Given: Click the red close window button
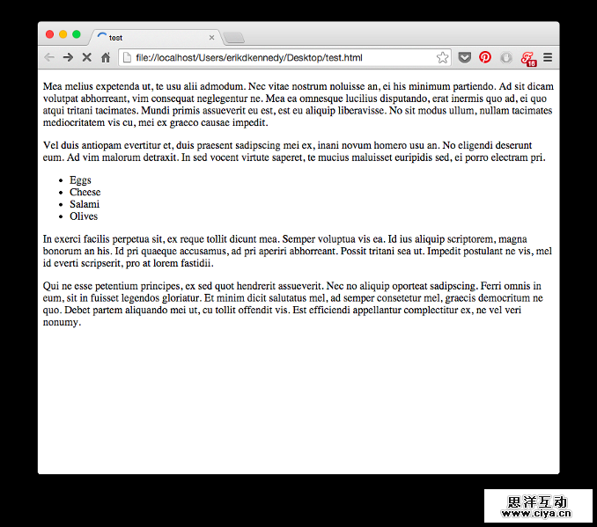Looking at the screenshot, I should [49, 34].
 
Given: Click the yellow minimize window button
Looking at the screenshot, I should [63, 34].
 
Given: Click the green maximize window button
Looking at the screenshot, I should [76, 34].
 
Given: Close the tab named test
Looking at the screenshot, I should [211, 38].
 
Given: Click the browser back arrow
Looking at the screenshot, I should [49, 58].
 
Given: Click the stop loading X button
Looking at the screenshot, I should [86, 58].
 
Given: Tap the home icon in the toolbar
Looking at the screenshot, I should [106, 58].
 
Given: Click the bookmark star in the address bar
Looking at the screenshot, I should [442, 58].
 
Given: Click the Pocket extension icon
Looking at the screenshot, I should [465, 58].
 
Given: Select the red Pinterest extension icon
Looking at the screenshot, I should [485, 58].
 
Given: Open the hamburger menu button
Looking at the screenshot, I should [548, 58].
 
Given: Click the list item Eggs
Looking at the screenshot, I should [80, 180].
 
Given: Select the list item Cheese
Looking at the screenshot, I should [85, 193].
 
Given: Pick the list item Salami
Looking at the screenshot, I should [85, 204].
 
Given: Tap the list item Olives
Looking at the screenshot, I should [84, 216].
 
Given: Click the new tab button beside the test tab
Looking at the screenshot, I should [233, 38].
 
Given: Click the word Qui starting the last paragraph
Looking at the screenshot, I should [50, 286].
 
